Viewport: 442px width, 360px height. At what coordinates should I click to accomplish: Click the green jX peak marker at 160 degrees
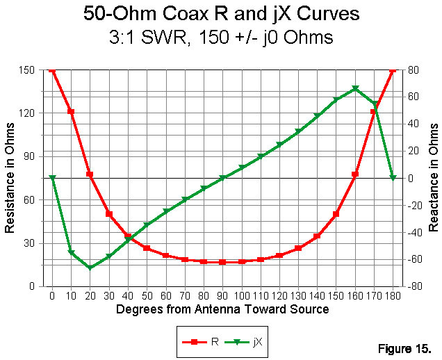pos(355,89)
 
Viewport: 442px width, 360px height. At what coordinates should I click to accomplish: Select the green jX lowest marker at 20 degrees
pos(90,267)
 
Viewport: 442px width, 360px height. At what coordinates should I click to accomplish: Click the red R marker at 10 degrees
pos(71,111)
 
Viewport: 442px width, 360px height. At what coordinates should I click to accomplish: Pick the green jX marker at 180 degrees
pos(393,178)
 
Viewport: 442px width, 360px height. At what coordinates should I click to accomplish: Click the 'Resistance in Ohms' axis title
pos(10,178)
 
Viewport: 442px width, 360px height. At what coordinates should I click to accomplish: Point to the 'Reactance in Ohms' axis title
pos(434,178)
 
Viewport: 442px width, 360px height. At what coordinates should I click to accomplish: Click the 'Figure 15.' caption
pos(406,347)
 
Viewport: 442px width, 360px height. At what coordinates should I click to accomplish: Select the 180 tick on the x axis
pos(393,295)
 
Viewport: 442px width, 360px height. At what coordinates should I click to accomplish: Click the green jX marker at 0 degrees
pos(52,178)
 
